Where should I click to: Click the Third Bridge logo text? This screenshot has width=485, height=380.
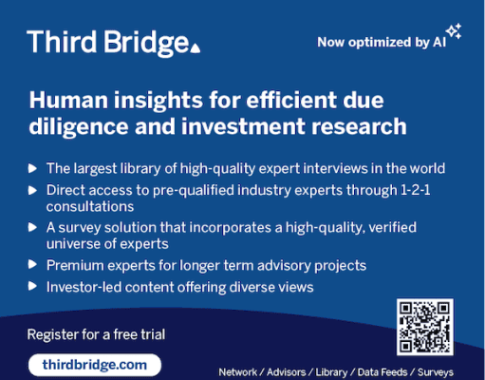[108, 43]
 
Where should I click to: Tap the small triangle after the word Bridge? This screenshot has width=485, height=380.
[196, 47]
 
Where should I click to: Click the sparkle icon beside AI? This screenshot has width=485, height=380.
[454, 31]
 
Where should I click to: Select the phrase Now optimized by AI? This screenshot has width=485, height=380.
[382, 42]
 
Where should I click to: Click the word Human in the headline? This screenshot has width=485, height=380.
[68, 100]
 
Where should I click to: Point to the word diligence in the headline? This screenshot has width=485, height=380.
[79, 126]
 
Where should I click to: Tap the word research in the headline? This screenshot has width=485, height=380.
[359, 126]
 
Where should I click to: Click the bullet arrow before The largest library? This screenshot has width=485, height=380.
[32, 168]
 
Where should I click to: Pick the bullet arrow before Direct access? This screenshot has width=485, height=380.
[32, 190]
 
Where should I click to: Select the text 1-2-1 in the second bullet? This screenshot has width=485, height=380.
[416, 190]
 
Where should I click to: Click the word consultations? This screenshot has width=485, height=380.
[90, 207]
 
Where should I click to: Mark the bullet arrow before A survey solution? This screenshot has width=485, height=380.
[32, 227]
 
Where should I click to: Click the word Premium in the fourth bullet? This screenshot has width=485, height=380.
[75, 265]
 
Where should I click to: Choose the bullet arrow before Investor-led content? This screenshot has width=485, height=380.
[32, 286]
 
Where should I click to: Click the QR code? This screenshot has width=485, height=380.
[425, 327]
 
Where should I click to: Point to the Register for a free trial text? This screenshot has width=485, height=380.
[96, 334]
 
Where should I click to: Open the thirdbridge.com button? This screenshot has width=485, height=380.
[95, 365]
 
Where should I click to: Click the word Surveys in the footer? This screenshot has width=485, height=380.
[436, 372]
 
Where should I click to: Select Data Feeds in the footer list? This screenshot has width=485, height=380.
[382, 372]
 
